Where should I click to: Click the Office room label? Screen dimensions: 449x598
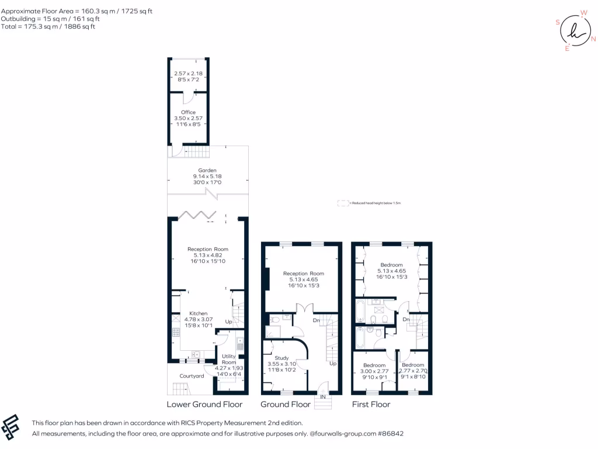pos(188,112)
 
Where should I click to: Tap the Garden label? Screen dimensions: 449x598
pos(207,171)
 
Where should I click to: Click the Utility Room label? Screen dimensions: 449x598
pos(228,359)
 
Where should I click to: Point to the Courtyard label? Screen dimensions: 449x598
pos(192,376)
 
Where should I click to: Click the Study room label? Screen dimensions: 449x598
pos(282,358)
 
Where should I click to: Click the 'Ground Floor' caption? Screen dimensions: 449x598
pos(285,404)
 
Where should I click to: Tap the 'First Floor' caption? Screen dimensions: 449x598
pos(371,404)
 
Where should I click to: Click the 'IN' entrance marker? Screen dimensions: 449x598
pos(322,397)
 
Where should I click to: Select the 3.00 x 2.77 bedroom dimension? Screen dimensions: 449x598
pos(374,371)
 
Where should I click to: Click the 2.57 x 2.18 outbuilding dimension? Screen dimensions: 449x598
pos(188,74)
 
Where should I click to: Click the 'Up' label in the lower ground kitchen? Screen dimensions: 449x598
pos(228,322)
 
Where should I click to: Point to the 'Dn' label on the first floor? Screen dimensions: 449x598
pos(405,319)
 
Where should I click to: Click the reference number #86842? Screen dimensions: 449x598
pos(390,434)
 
